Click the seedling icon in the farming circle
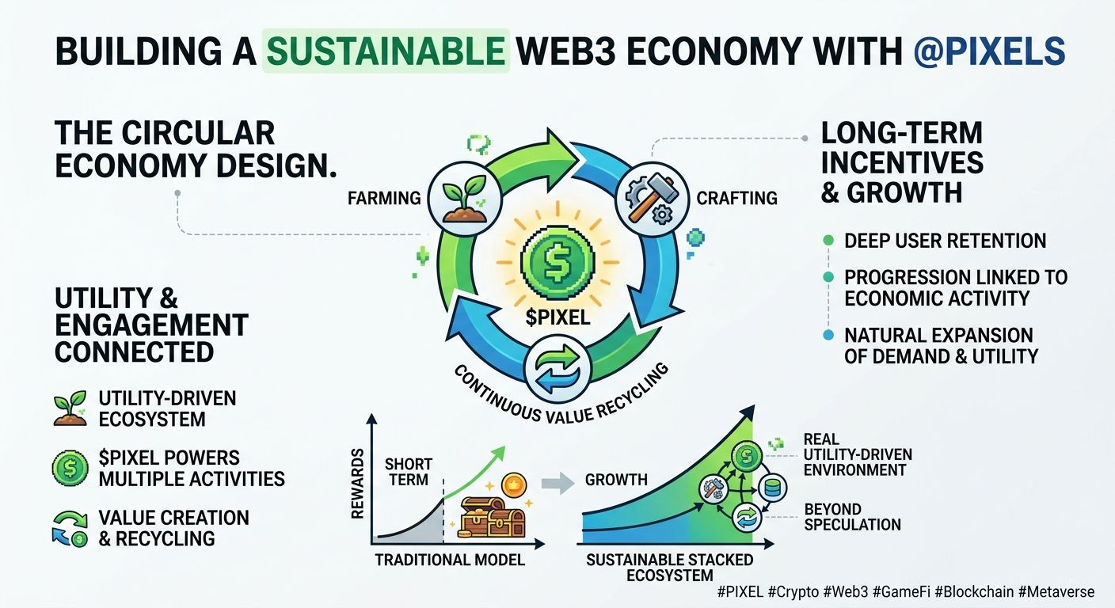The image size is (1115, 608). pos(463,198)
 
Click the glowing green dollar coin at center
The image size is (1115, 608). pos(557,258)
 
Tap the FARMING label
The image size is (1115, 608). pos(384,198)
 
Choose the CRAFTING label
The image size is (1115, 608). pos(736,198)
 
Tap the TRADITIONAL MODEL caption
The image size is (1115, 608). pos(449,560)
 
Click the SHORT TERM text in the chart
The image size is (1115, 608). pos(408,472)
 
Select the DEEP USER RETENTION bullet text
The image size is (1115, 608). pos(945,241)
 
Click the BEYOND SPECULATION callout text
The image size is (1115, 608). pos(851,516)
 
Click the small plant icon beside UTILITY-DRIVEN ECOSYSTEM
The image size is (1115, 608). pos(70,408)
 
